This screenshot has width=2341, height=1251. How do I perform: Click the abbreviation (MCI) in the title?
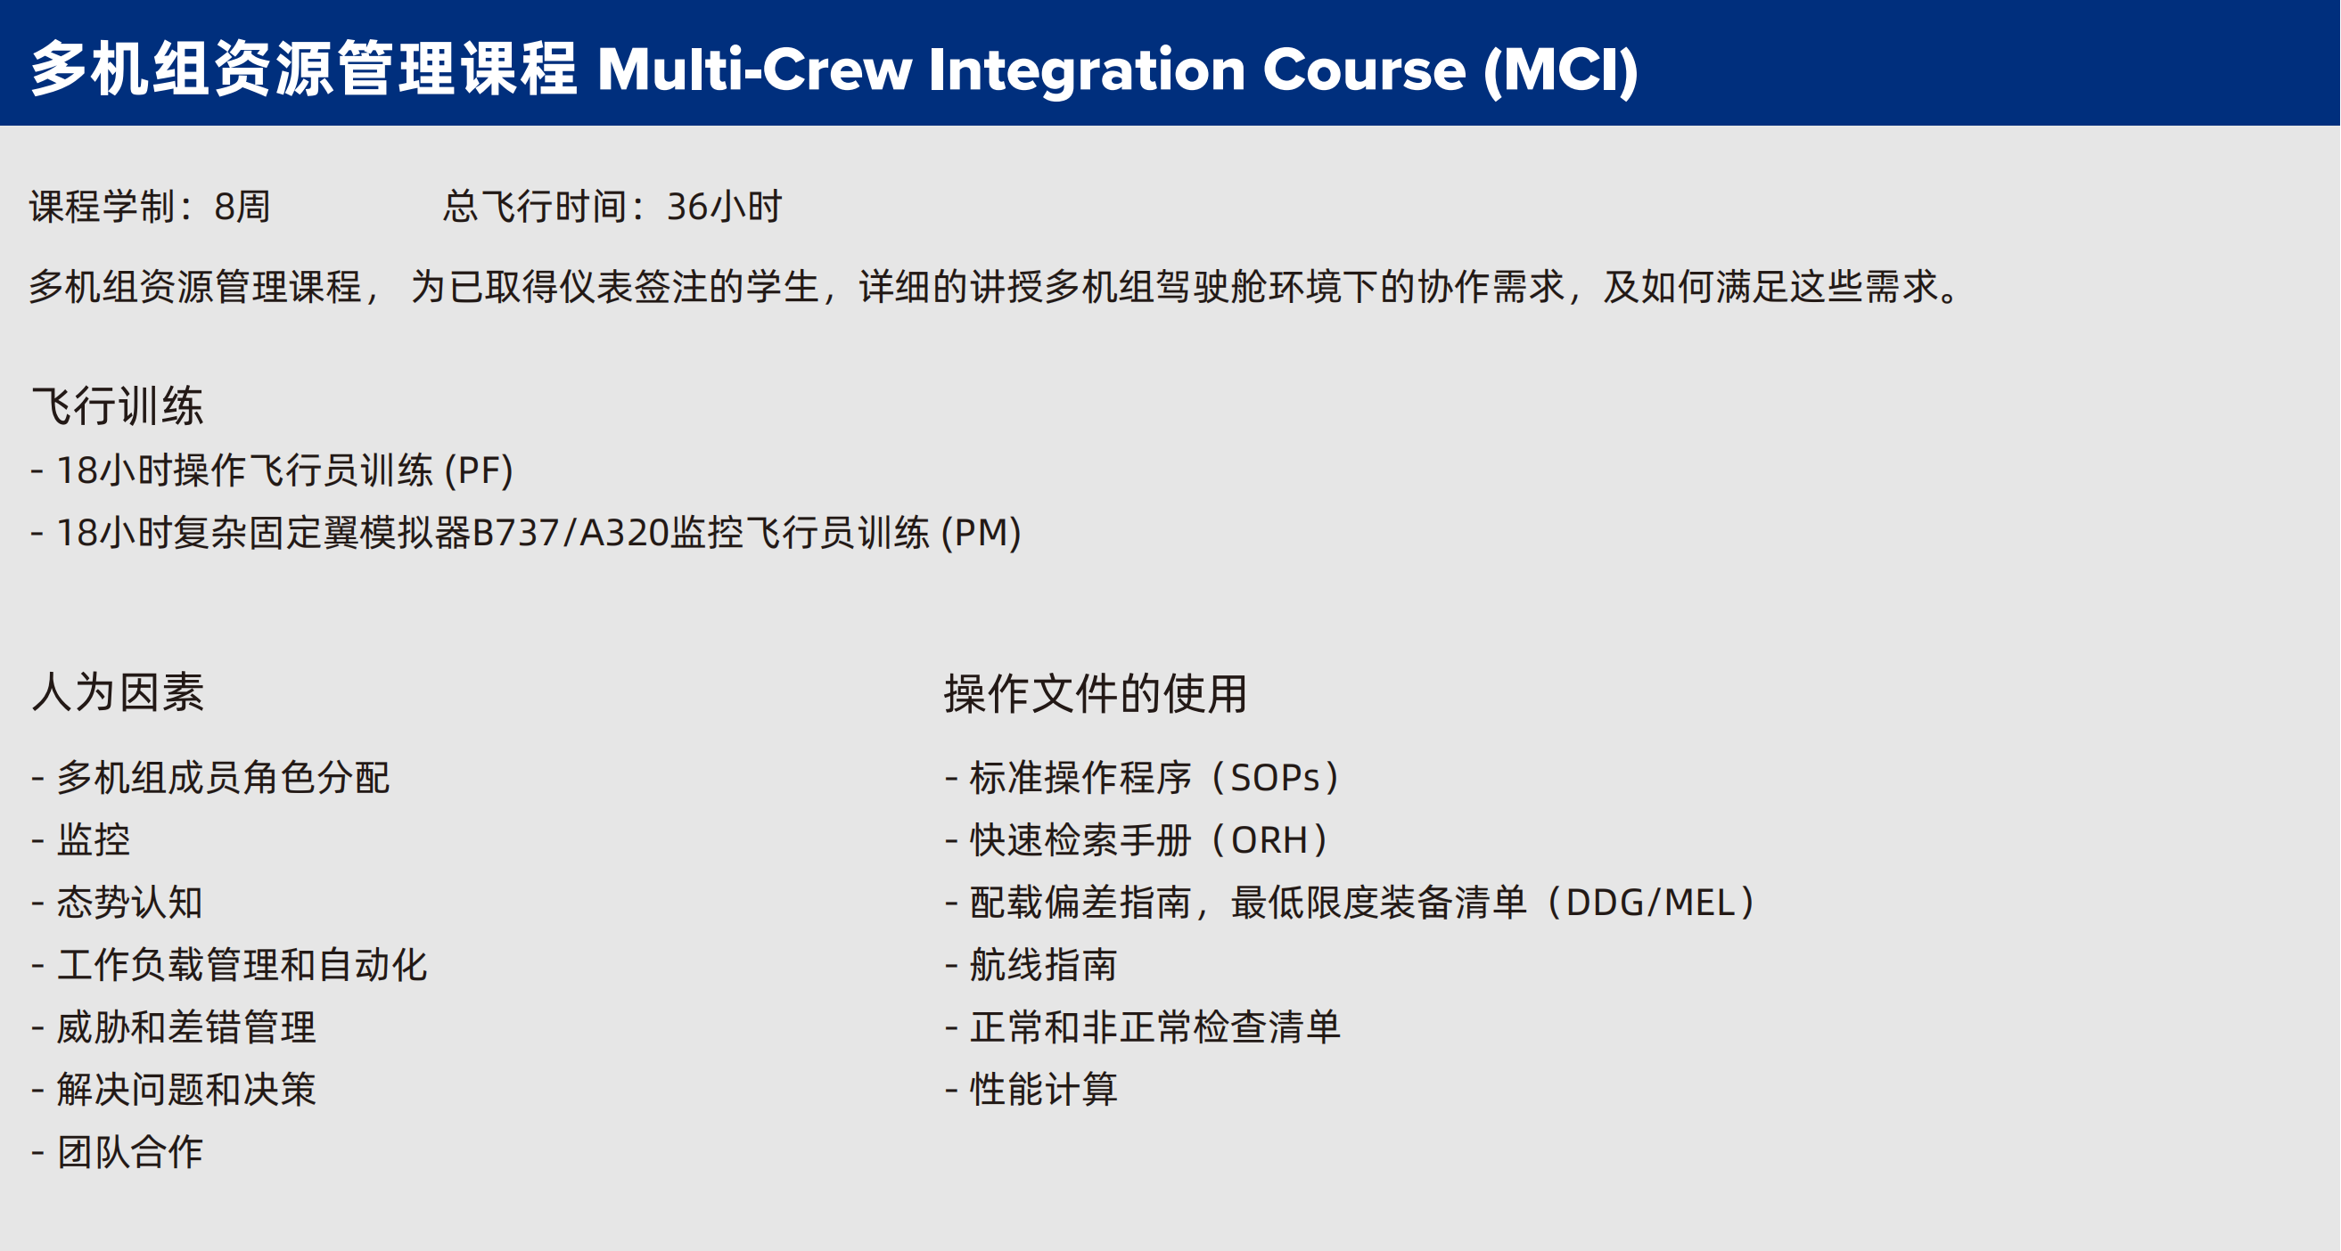tap(1561, 70)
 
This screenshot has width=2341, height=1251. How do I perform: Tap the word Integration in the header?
tap(1087, 70)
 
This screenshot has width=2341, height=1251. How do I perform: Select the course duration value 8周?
tap(242, 207)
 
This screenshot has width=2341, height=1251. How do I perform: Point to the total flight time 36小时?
tap(724, 207)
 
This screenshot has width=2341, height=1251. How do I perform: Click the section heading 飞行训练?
tap(118, 405)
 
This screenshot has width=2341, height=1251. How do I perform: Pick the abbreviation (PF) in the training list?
tap(479, 470)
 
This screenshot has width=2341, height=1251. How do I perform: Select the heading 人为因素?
tap(118, 692)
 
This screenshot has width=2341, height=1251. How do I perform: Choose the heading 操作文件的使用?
tap(1095, 694)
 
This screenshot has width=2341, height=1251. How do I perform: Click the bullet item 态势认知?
tap(130, 902)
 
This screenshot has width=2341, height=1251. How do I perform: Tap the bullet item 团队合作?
tap(130, 1152)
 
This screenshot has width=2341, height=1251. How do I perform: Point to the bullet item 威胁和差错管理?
tap(186, 1027)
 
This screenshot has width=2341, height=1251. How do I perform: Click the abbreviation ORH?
tap(1269, 840)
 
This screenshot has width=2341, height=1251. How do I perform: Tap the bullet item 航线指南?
tap(1043, 965)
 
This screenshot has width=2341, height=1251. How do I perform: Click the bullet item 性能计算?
tap(1043, 1090)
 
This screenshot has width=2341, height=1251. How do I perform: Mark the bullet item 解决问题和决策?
tap(186, 1090)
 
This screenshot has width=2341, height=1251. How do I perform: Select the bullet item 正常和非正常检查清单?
tap(1155, 1027)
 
